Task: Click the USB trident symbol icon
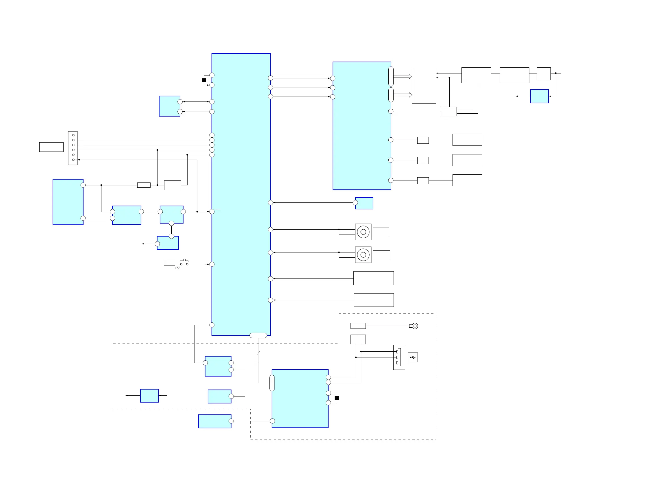tap(412, 357)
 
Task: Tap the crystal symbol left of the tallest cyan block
tap(203, 80)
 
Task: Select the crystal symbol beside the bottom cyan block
tap(336, 398)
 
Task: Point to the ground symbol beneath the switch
tap(177, 267)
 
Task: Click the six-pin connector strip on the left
tap(73, 148)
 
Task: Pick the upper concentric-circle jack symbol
tap(363, 232)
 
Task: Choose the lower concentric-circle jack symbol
tap(363, 254)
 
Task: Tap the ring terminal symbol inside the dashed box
tap(414, 326)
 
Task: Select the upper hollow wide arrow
tap(403, 76)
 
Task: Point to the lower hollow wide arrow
tap(403, 95)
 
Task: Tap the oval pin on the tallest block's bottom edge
tap(258, 335)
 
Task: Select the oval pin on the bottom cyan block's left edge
tap(272, 383)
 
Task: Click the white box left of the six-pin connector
tap(51, 147)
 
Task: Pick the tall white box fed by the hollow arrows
tap(424, 86)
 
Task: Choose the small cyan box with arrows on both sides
tap(149, 396)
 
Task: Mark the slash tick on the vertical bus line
tap(259, 353)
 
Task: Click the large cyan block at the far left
tap(68, 202)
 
